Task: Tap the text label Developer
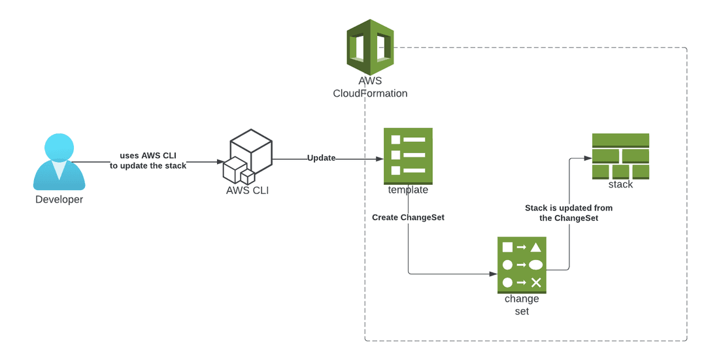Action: tap(59, 199)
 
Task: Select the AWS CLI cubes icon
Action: tap(248, 157)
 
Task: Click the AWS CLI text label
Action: tap(247, 191)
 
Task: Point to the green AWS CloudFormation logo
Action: tap(370, 47)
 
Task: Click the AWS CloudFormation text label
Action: tap(370, 88)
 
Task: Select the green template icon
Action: tap(408, 155)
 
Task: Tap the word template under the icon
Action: tap(408, 190)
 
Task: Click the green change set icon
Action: tap(522, 265)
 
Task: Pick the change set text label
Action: tap(522, 305)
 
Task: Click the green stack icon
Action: tap(620, 156)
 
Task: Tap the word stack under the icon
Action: tap(620, 185)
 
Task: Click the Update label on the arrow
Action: tap(321, 158)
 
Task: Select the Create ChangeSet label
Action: tap(408, 217)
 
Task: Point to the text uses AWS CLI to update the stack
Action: tap(148, 161)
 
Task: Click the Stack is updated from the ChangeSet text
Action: tap(569, 213)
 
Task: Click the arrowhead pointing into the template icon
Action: tap(380, 159)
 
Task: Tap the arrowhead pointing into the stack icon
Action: tap(588, 157)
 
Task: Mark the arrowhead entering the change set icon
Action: tap(494, 274)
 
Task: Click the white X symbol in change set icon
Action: tap(536, 282)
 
